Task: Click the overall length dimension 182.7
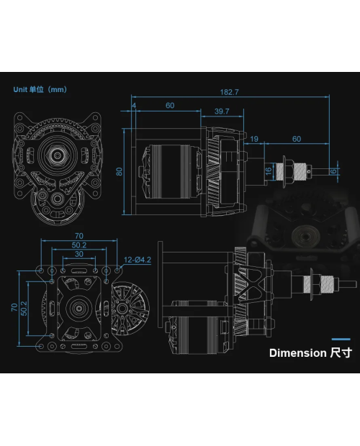point(230,93)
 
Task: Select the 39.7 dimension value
point(222,111)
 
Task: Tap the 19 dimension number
point(254,139)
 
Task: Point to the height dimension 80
point(120,171)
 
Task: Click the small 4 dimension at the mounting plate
point(134,106)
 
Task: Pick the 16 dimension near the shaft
point(268,171)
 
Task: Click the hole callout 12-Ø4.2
point(137,260)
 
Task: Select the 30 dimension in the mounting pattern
point(78,254)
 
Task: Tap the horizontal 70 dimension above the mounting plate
point(78,235)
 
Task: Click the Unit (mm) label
point(40,90)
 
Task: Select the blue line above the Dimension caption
point(341,338)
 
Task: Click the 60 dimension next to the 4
point(170,106)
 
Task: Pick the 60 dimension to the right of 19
point(296,139)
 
